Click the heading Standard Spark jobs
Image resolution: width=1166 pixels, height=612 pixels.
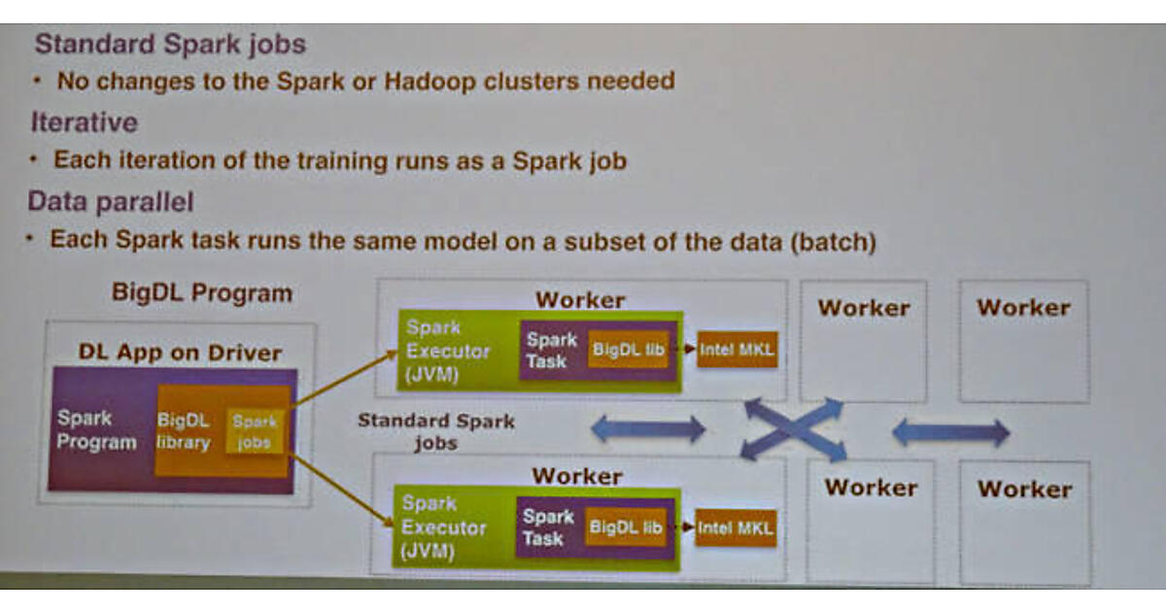[x=170, y=45]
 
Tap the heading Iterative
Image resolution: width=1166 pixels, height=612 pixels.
[x=85, y=123]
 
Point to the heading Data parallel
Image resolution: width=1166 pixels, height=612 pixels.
[x=111, y=202]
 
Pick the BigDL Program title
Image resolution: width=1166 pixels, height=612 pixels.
[x=201, y=292]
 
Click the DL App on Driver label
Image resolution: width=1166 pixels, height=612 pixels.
[x=180, y=354]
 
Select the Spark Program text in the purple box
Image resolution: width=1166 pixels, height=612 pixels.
[x=96, y=430]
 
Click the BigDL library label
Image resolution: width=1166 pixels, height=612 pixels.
[x=185, y=432]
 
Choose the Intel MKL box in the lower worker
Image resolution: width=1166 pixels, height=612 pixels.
[x=736, y=528]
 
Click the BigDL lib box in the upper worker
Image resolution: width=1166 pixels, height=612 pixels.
[x=628, y=350]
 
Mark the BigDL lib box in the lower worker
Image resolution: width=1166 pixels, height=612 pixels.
[x=626, y=527]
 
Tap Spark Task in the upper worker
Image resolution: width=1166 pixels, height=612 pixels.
[x=552, y=351]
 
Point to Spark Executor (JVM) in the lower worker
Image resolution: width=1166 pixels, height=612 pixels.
[x=443, y=527]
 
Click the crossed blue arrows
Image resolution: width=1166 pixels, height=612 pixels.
[x=793, y=429]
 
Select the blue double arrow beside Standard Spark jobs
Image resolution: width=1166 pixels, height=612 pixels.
[x=649, y=428]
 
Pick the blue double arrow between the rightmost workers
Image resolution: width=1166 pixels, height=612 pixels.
[x=950, y=432]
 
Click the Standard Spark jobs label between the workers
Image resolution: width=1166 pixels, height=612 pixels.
[x=436, y=432]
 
